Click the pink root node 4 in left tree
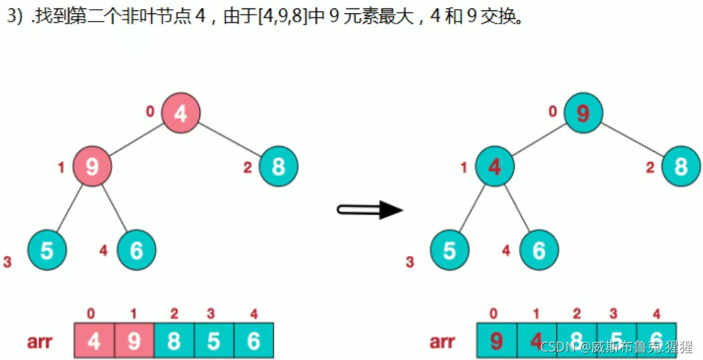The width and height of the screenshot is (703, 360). pyautogui.click(x=181, y=113)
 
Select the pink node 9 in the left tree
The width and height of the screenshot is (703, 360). pyautogui.click(x=92, y=166)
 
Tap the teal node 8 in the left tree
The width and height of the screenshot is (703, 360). pyautogui.click(x=278, y=166)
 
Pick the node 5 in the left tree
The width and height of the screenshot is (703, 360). pyautogui.click(x=47, y=250)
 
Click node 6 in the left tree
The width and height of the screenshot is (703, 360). pyautogui.click(x=136, y=250)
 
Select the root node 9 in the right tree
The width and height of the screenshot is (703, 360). pyautogui.click(x=583, y=113)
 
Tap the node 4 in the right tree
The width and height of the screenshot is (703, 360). pyautogui.click(x=495, y=166)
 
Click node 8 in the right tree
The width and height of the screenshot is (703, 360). pyautogui.click(x=681, y=166)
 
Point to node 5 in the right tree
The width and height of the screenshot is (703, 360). pyautogui.click(x=449, y=250)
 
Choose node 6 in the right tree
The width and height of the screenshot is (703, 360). pyautogui.click(x=539, y=250)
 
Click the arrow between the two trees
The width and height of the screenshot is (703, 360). pyautogui.click(x=370, y=209)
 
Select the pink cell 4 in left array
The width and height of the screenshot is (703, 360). pyautogui.click(x=94, y=341)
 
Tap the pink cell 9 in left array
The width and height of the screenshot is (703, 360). pyautogui.click(x=134, y=341)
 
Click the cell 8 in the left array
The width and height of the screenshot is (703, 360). pyautogui.click(x=173, y=341)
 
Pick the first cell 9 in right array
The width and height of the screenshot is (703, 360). pyautogui.click(x=496, y=341)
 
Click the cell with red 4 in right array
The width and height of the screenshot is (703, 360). pyautogui.click(x=537, y=341)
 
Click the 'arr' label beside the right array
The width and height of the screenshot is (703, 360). pyautogui.click(x=443, y=342)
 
